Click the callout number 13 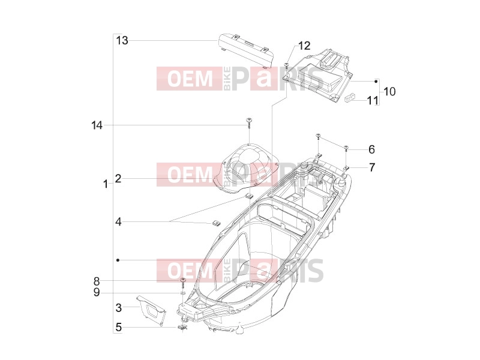point(122,40)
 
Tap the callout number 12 point(304,46)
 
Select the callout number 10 point(389,91)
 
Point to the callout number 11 point(373,100)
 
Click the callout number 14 point(97,125)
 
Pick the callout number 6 point(371,149)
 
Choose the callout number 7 point(372,167)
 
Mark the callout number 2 point(118,178)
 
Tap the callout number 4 point(118,221)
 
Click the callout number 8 point(97,281)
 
